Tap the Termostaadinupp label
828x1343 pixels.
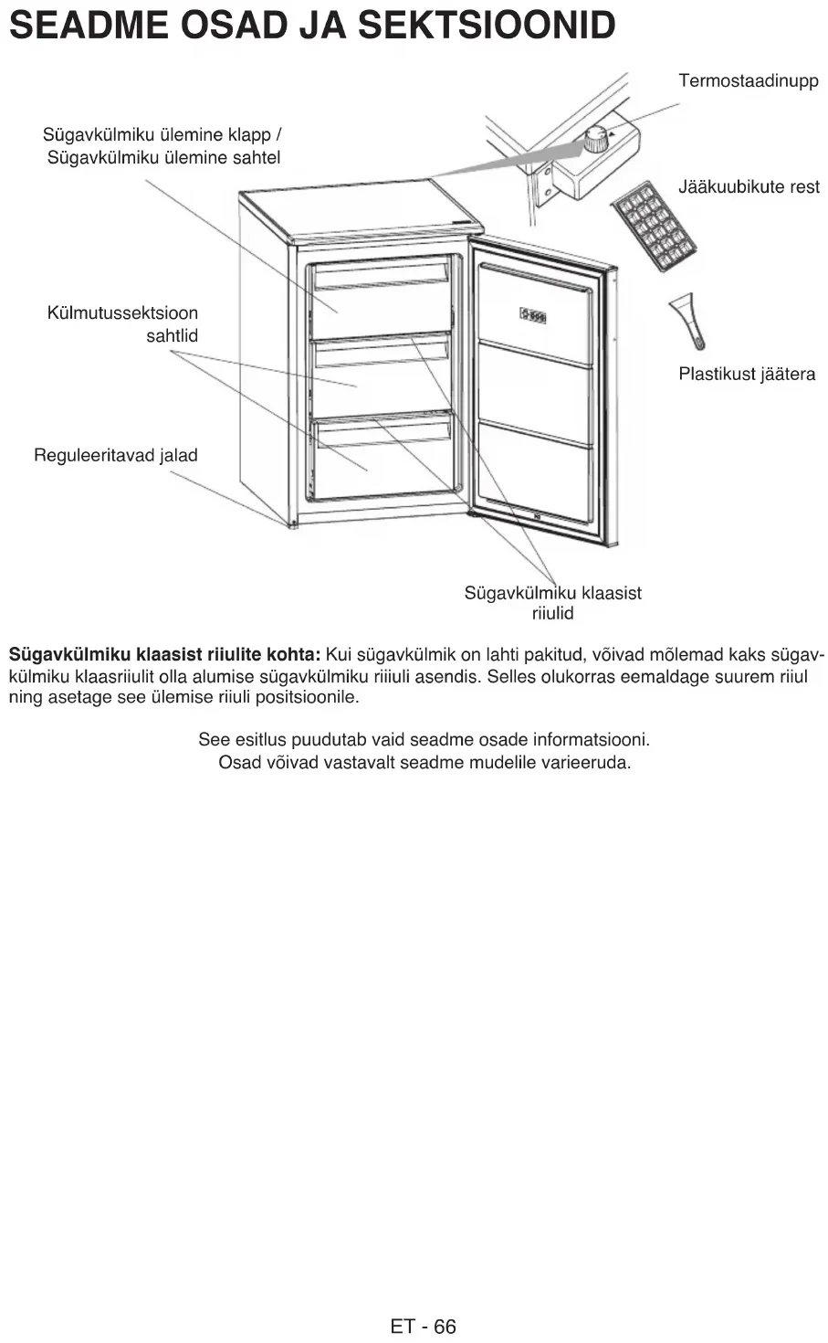(748, 81)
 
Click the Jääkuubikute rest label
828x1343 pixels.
(749, 187)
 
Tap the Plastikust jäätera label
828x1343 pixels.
(746, 375)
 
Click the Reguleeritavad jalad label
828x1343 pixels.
(115, 456)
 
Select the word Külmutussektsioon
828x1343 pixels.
(122, 314)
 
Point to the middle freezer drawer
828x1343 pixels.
(382, 375)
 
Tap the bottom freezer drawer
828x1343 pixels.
(382, 457)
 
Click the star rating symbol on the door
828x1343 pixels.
(533, 315)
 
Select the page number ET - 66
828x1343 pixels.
(423, 1327)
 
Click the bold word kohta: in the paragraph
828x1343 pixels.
(292, 655)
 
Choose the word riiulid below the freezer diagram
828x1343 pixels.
(552, 614)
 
